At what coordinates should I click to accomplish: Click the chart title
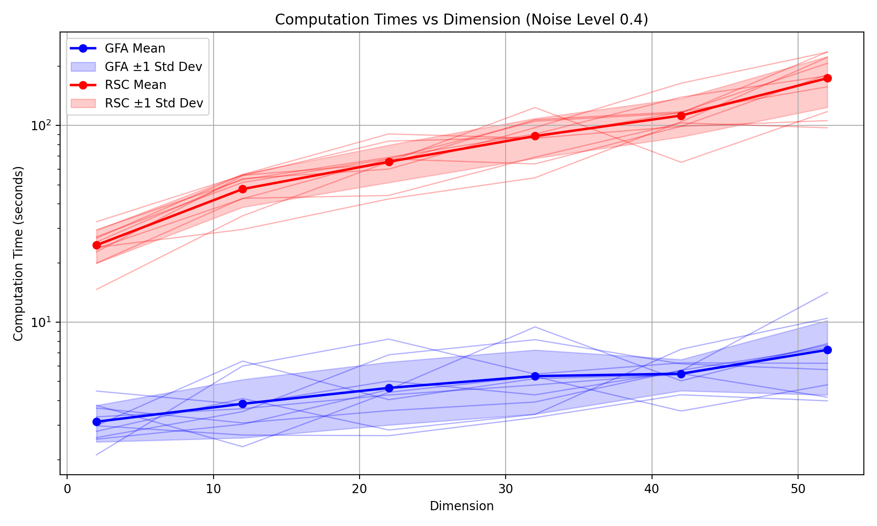coord(461,20)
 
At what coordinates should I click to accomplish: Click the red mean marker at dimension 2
coord(96,245)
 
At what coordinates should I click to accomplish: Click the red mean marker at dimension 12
coord(242,189)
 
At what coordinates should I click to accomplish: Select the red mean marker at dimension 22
coord(389,162)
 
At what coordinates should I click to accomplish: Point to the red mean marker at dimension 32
coord(535,136)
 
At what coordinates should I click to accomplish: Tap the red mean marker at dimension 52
coord(827,78)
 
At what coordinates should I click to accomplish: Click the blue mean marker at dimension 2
coord(96,422)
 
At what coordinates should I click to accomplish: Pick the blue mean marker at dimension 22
coord(389,388)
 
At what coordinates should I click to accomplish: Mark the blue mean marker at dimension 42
coord(681,374)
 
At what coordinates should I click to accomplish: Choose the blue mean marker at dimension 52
coord(827,350)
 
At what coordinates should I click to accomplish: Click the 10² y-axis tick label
coord(40,125)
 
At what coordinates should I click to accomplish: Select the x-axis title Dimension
coord(461,506)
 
